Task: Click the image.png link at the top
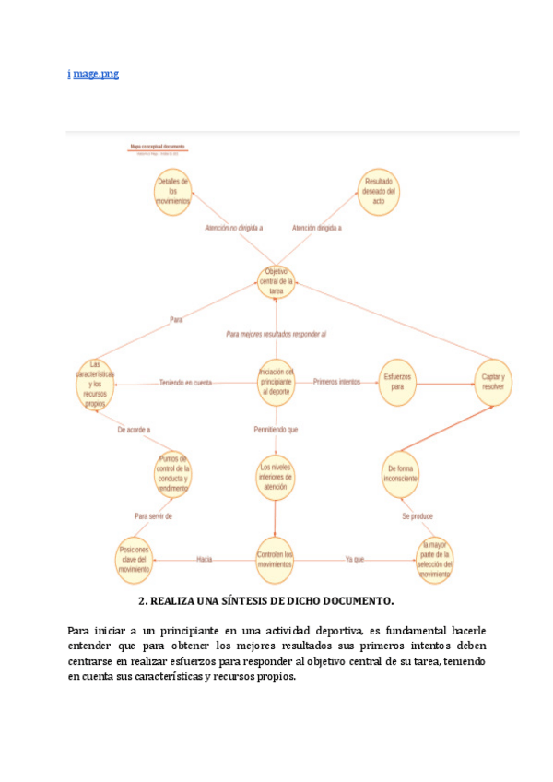(93, 74)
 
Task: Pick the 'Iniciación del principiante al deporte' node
(276, 381)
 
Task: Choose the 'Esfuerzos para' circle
(397, 382)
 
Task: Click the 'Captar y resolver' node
(492, 382)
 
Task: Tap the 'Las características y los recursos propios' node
(96, 383)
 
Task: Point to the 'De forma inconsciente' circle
(401, 474)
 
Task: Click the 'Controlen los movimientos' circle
(276, 560)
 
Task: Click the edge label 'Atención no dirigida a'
(233, 228)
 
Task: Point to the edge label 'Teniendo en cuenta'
(185, 382)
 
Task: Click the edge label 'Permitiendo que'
(276, 430)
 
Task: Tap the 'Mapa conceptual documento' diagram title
(158, 146)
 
